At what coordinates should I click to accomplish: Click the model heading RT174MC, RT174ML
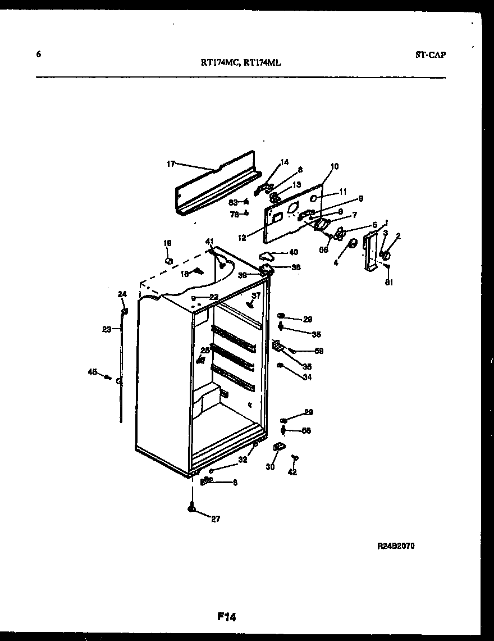[241, 63]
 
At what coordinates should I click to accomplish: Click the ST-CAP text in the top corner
[431, 54]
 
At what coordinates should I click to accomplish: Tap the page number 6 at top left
[38, 54]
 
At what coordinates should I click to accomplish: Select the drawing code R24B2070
[396, 546]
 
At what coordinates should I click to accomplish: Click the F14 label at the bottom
[226, 617]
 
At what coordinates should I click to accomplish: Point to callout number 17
[171, 164]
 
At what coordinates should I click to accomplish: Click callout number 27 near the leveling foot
[216, 519]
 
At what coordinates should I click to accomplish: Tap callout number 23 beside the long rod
[107, 330]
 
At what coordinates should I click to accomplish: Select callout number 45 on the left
[92, 371]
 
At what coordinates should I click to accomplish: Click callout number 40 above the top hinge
[294, 252]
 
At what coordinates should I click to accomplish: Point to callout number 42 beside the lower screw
[292, 472]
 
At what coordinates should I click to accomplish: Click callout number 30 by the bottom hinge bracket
[270, 466]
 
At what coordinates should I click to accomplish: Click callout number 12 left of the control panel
[243, 238]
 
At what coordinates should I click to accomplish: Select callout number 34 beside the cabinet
[307, 377]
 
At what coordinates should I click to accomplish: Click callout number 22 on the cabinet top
[213, 297]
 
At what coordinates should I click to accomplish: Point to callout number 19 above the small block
[167, 243]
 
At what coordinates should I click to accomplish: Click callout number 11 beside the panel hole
[342, 192]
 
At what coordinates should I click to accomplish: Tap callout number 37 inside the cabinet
[256, 296]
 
